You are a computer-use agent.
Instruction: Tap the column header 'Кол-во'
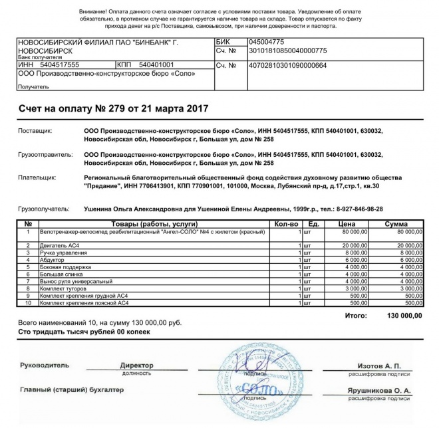click(x=287, y=224)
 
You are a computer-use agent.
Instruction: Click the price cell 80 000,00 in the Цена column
click(x=354, y=232)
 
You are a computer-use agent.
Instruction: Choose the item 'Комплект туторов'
click(x=65, y=288)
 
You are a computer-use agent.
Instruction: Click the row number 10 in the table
click(x=28, y=303)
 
